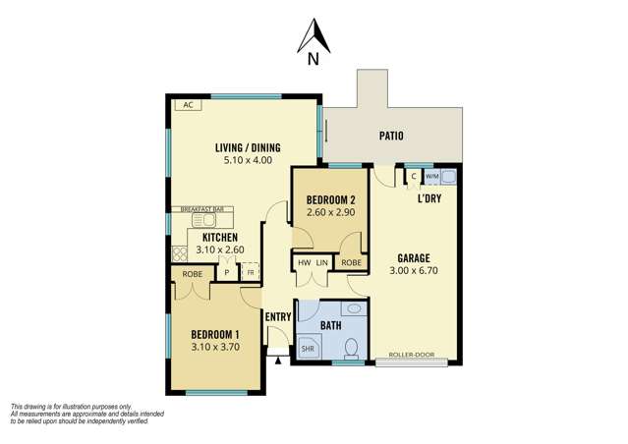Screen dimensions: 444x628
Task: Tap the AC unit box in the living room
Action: [184, 105]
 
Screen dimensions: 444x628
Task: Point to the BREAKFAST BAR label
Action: [201, 209]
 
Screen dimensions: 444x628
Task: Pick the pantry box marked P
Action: [226, 272]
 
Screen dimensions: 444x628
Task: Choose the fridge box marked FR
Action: [250, 272]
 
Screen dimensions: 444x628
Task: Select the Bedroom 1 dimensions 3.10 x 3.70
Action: [215, 346]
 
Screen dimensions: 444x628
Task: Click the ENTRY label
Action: [278, 316]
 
